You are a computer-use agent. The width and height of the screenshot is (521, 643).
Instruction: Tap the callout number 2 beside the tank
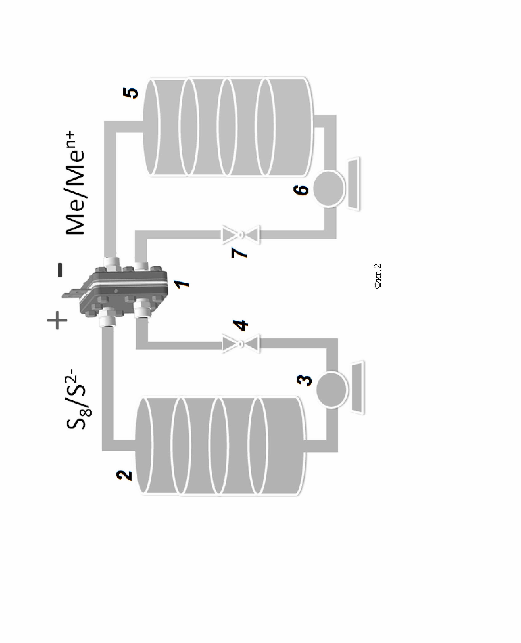point(124,475)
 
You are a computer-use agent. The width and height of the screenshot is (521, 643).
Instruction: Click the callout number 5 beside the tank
point(131,93)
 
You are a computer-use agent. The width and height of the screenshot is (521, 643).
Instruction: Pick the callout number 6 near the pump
point(301,190)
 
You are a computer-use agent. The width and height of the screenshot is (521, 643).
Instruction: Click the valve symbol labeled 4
point(240,344)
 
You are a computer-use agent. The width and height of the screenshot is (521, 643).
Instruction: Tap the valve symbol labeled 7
point(240,235)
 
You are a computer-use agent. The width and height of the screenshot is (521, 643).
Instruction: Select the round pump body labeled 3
point(332,390)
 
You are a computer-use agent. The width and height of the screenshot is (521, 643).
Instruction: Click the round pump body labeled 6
point(328,188)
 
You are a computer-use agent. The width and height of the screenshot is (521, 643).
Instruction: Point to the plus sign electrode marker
point(57,320)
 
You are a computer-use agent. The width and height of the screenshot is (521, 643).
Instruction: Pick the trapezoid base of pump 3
point(358,387)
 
